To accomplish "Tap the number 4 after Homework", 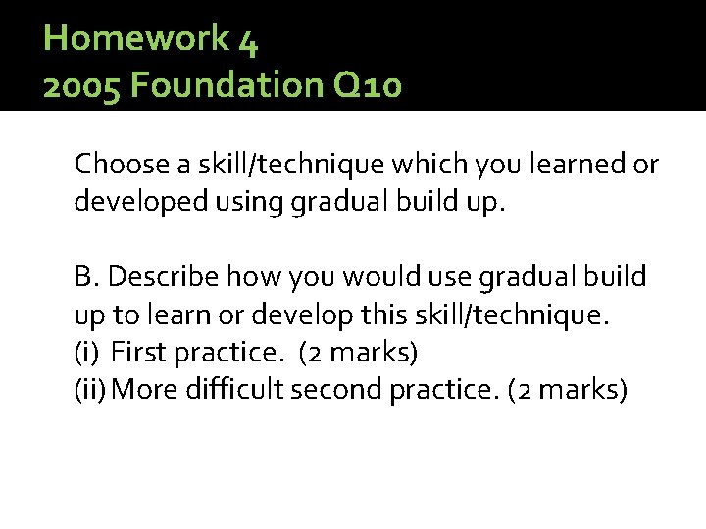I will [247, 40].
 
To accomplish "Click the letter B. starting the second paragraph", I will [87, 278].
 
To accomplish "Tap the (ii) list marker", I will [90, 390].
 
